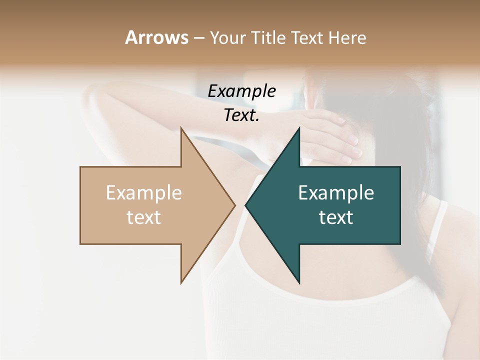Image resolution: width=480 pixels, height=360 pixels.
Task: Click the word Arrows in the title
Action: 156,37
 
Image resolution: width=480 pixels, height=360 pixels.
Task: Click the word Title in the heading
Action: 269,37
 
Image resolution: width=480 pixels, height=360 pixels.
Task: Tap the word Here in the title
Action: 347,37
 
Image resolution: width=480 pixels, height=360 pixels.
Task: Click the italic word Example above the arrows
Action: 241,91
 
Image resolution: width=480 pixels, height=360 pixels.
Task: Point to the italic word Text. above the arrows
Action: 241,115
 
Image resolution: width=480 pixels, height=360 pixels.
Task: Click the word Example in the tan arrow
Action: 144,193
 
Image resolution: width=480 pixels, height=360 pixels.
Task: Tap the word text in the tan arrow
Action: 144,217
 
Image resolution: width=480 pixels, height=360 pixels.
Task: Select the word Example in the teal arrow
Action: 336,193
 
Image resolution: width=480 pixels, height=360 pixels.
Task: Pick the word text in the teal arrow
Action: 336,217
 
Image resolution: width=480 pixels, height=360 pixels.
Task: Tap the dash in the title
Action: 198,38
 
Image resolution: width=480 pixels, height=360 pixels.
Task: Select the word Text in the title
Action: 307,37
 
